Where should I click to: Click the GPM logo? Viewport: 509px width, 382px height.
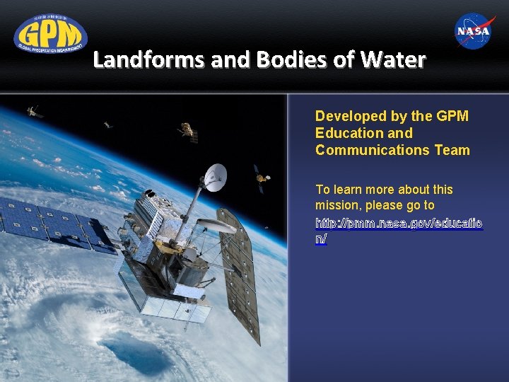tap(50, 33)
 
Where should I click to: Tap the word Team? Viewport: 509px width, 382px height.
tap(452, 150)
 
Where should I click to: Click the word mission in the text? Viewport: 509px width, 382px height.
tap(338, 205)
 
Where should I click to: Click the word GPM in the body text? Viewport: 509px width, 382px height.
tap(452, 116)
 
